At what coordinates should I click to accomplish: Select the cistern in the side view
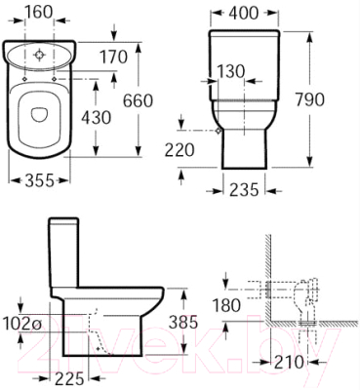click(66, 252)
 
